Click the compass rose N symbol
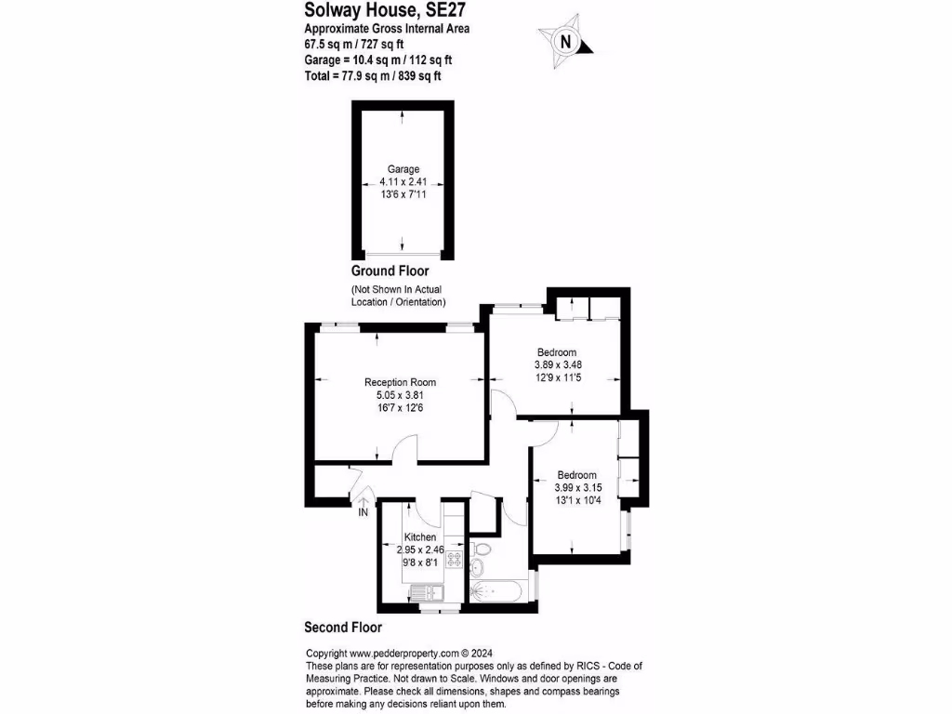tap(564, 41)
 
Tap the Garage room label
tap(403, 169)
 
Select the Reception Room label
tap(400, 382)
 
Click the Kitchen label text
tap(420, 537)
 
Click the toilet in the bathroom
tap(483, 548)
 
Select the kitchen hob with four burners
tap(456, 560)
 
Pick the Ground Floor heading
tap(390, 271)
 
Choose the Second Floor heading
tap(343, 628)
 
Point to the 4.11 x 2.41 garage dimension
tap(403, 182)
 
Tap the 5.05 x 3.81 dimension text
tap(400, 395)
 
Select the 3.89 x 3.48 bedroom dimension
tap(558, 365)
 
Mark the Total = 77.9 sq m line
tap(372, 76)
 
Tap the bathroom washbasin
tap(480, 569)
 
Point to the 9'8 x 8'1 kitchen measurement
tap(420, 562)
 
